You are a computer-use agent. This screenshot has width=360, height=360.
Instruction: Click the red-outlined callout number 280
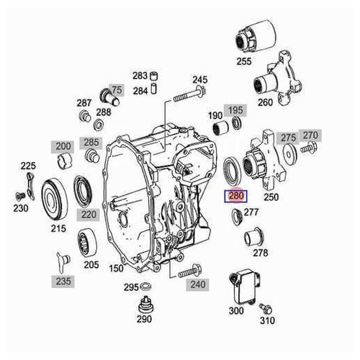236,195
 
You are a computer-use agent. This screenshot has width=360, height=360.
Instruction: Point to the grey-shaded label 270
310,135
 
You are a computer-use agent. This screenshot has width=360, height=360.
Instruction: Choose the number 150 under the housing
115,269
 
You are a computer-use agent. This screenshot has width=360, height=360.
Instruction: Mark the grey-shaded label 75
117,89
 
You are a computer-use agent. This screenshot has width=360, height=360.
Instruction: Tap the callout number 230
20,209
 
